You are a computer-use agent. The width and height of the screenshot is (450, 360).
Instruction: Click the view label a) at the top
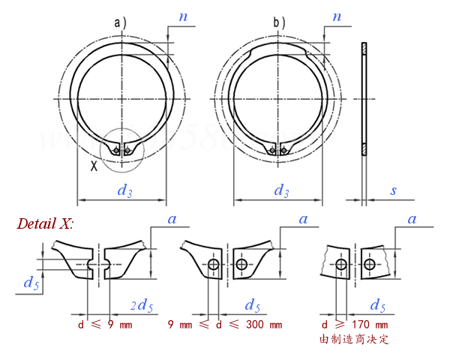tap(120, 23)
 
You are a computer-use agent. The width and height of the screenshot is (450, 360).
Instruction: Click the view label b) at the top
tap(280, 23)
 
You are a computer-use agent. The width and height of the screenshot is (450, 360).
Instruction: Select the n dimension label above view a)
tap(184, 16)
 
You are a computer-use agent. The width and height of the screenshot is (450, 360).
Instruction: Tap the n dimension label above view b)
tap(337, 16)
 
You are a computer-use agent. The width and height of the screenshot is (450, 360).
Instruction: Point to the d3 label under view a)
tap(124, 190)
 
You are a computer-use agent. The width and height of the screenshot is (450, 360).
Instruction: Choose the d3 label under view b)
tap(281, 190)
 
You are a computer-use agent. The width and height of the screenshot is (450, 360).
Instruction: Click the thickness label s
tap(393, 190)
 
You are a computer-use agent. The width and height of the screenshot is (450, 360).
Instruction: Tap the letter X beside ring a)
tap(94, 166)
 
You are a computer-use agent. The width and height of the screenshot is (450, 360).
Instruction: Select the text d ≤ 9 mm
tap(105, 325)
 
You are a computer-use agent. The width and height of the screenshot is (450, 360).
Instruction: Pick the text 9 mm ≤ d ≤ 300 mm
tap(225, 325)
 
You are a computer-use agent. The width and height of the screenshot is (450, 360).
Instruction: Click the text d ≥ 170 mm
tap(355, 325)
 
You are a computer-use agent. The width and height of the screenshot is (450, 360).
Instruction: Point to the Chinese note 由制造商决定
tap(355, 340)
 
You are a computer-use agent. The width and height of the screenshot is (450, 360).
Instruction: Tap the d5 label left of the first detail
tap(31, 283)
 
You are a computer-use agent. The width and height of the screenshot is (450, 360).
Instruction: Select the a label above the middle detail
tap(303, 219)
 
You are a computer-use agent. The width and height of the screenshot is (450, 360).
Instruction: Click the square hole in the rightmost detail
tap(370, 265)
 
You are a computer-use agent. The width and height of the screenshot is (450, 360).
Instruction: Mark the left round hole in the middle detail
tap(214, 265)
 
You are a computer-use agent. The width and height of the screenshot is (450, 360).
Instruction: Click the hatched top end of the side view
tap(364, 49)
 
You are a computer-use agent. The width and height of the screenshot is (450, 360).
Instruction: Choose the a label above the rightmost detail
tap(411, 219)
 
